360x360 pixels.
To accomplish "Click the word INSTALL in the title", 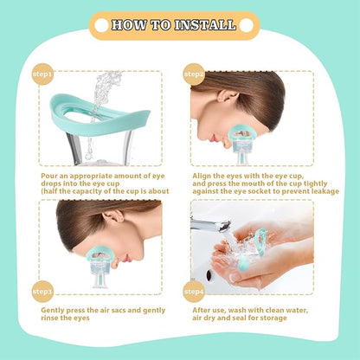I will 206,25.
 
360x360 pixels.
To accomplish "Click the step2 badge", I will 195,74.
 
